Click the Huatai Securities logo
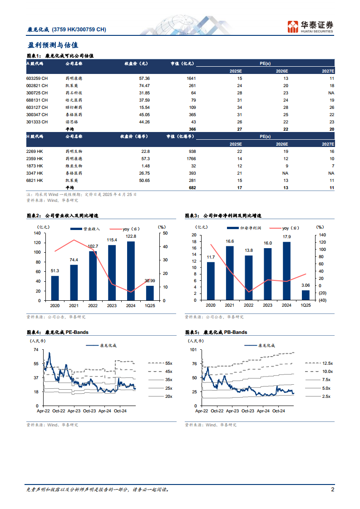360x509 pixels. (311, 26)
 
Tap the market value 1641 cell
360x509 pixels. (191, 78)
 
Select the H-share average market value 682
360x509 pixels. (191, 187)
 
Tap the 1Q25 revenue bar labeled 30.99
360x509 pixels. (150, 293)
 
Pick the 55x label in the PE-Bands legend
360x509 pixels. (169, 363)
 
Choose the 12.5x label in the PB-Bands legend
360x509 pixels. (327, 363)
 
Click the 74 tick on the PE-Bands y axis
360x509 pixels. (35, 350)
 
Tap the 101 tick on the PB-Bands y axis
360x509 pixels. (193, 350)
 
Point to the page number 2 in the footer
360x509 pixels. (332, 490)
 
